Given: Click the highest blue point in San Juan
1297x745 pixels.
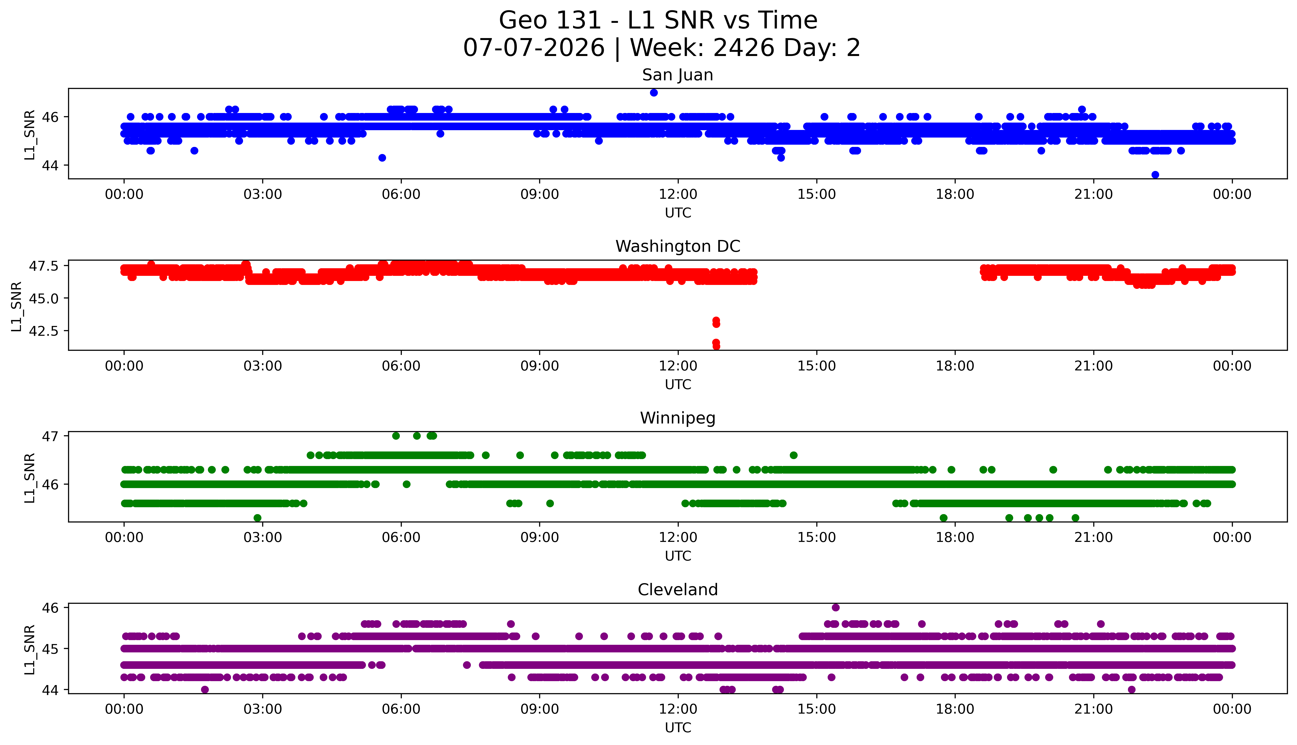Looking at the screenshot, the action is [x=654, y=93].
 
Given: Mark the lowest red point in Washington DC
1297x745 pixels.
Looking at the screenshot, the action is [x=716, y=346].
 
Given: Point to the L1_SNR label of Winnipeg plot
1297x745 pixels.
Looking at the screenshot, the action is [x=30, y=478].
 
